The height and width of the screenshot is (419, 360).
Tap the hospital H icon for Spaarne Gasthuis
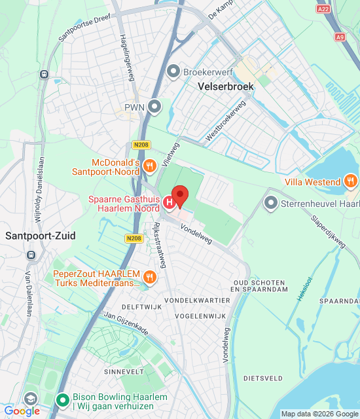click(x=170, y=203)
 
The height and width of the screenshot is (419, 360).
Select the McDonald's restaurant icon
click(x=150, y=166)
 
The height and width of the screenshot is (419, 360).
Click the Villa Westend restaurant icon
click(x=351, y=181)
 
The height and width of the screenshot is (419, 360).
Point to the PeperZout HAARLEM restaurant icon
click(x=150, y=278)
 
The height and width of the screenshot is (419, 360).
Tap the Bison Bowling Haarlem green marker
click(x=62, y=399)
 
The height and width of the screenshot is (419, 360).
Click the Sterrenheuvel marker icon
click(x=270, y=203)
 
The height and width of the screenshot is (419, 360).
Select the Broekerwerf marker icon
click(x=173, y=70)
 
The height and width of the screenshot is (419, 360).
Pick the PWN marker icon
click(x=154, y=105)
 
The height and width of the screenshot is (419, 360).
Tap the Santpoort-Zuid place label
click(x=40, y=236)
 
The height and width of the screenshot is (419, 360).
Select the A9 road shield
click(x=339, y=37)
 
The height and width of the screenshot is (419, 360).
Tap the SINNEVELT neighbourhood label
click(x=124, y=371)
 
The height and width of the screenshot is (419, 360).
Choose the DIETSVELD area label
click(x=263, y=378)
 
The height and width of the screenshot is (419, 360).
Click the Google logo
click(x=22, y=411)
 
